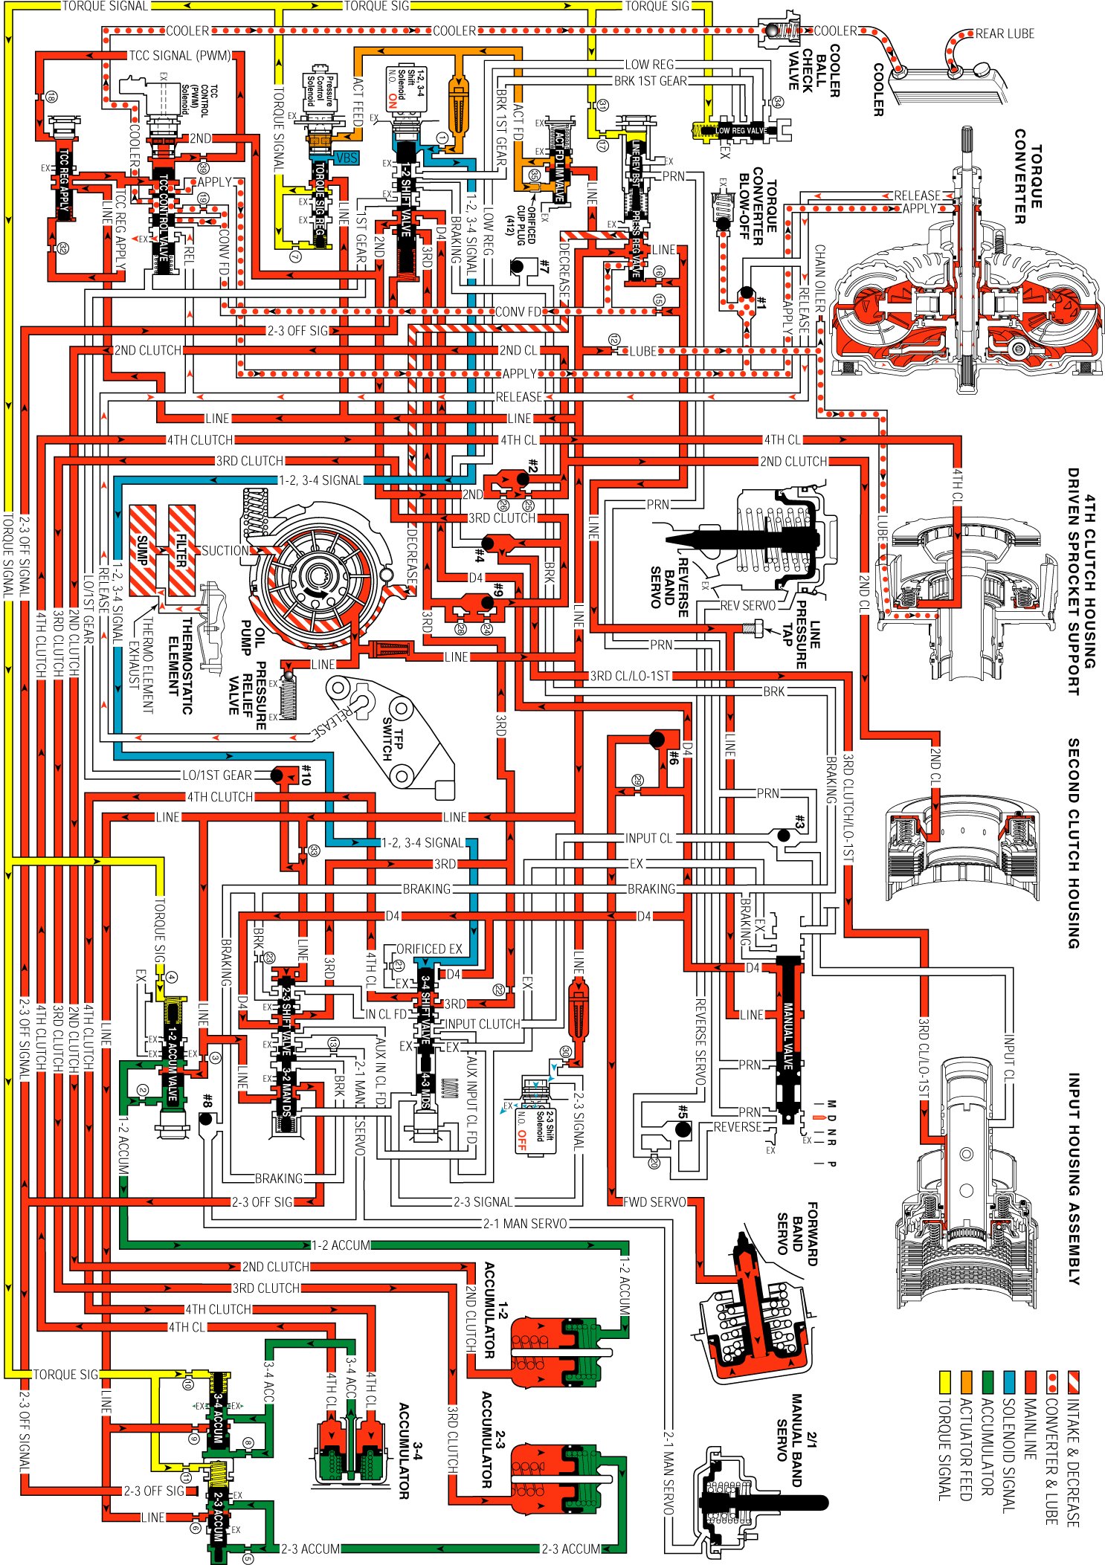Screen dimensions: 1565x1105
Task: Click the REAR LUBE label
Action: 1004,33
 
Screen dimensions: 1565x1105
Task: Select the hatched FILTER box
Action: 181,551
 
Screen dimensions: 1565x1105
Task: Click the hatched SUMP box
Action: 143,551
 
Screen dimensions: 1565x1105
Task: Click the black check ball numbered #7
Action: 518,266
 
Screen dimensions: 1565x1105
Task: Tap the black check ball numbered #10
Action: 277,775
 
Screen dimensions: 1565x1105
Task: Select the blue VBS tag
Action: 347,158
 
